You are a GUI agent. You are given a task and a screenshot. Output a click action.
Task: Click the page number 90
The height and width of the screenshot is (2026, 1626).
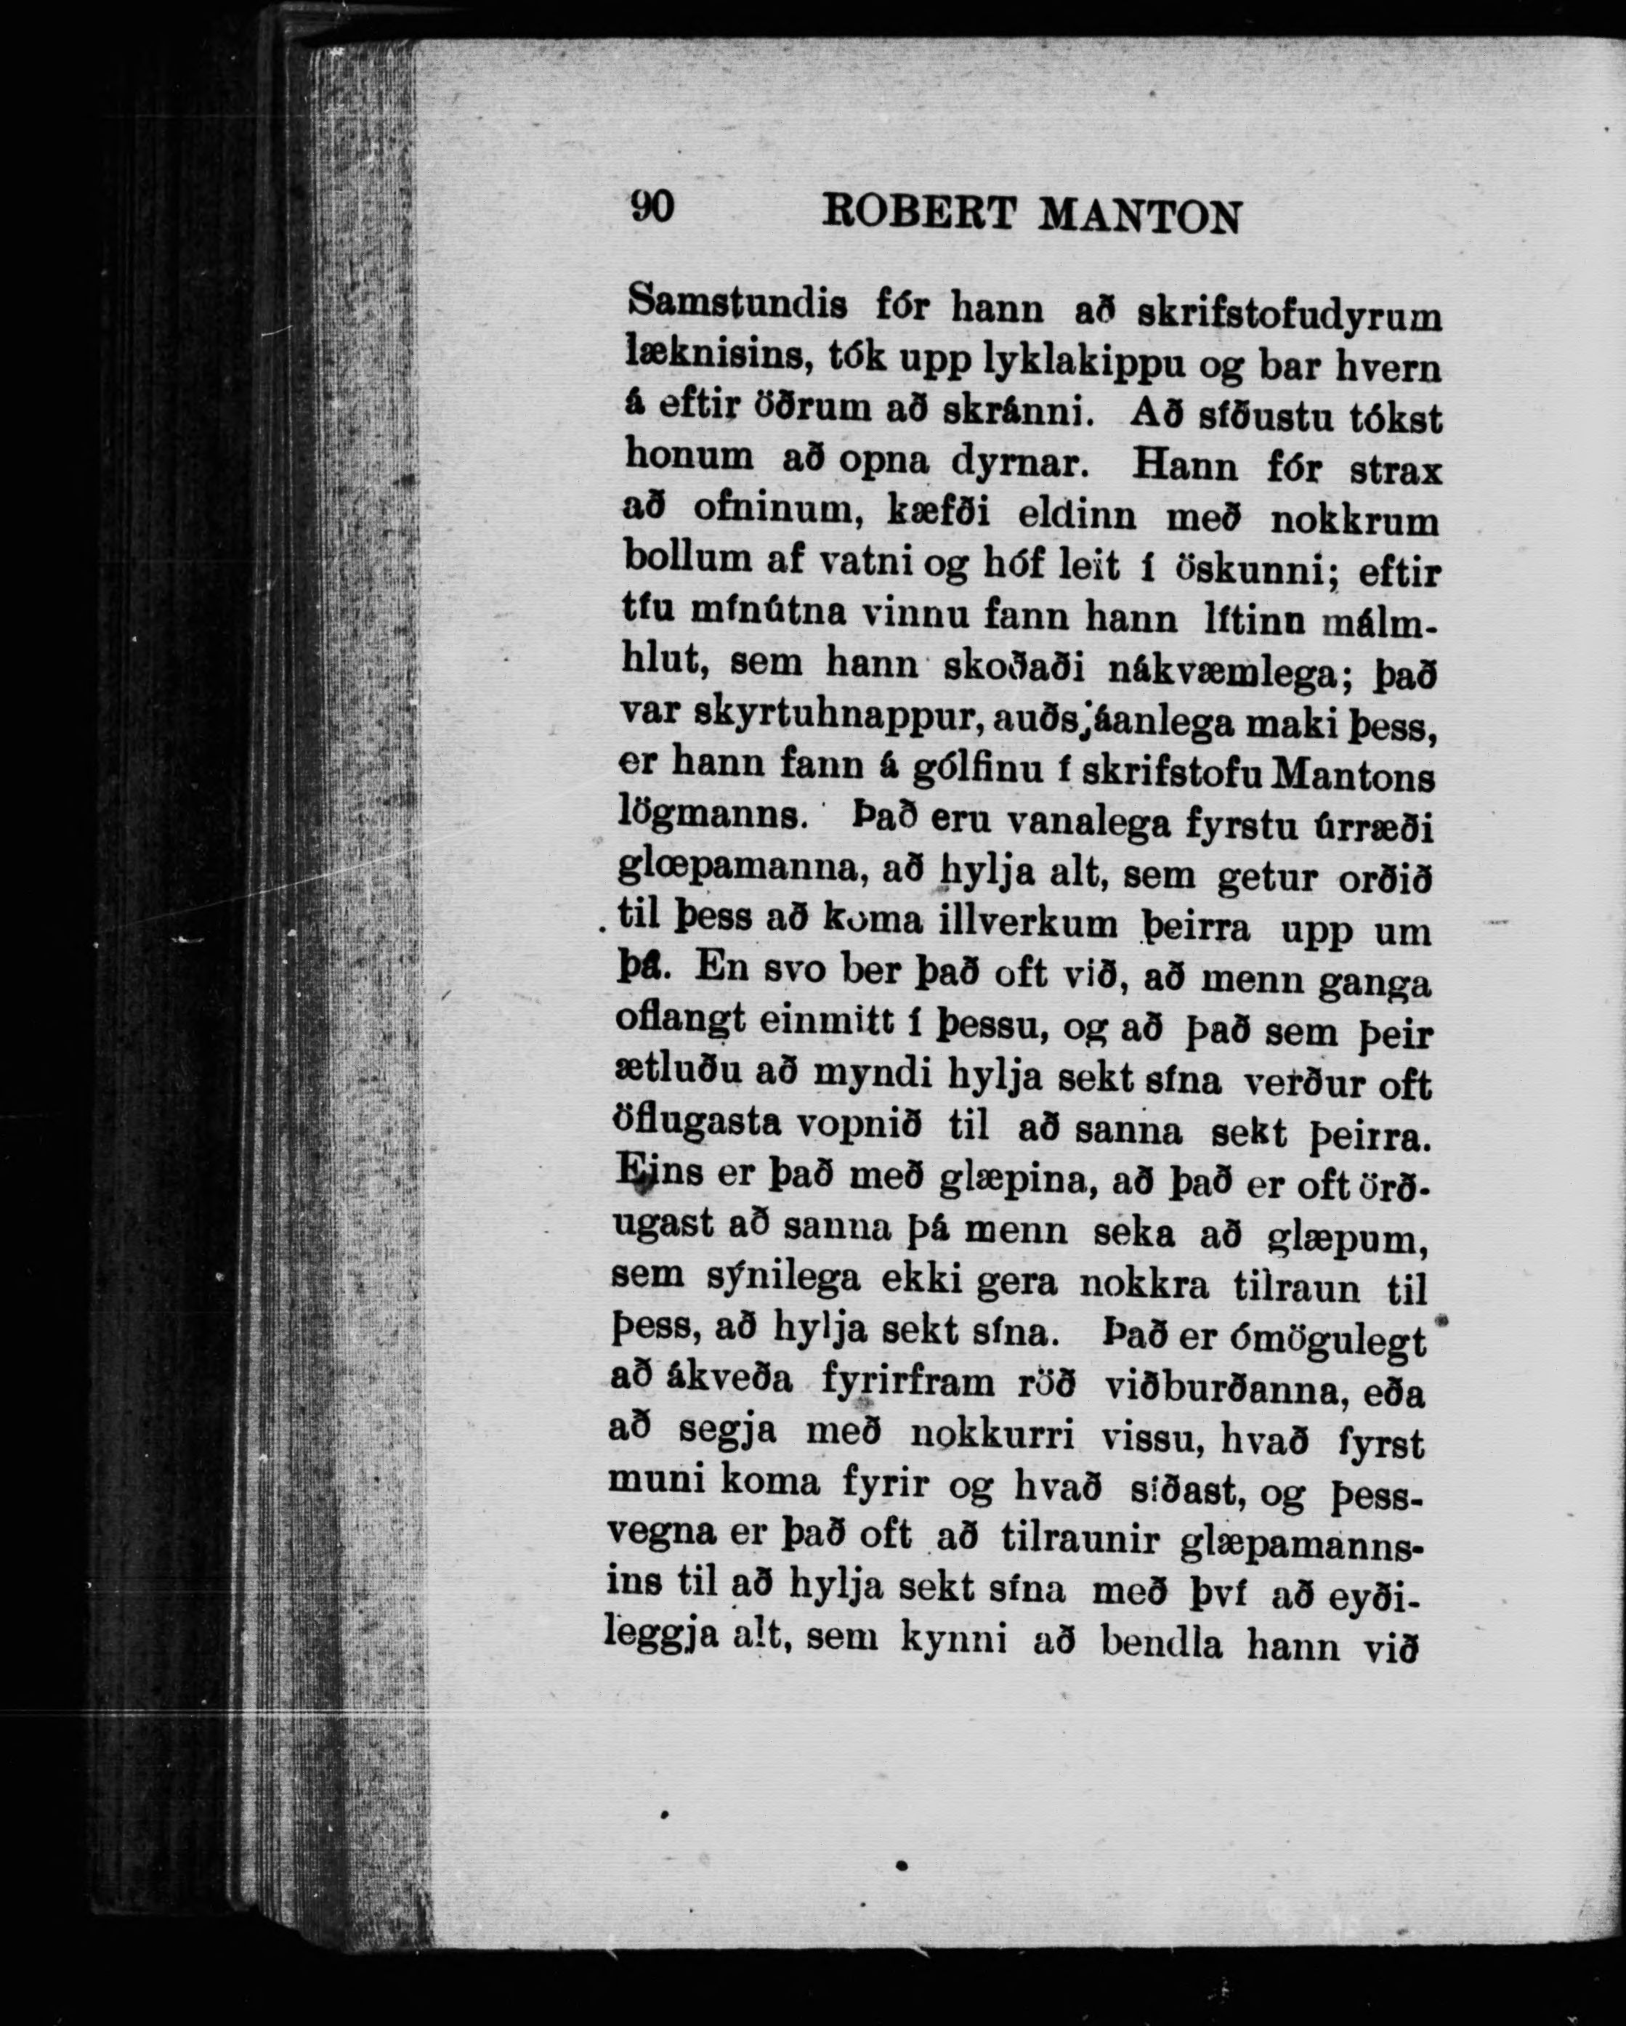tap(652, 206)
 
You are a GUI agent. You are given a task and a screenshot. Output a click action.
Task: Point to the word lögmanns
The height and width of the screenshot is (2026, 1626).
tap(711, 814)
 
